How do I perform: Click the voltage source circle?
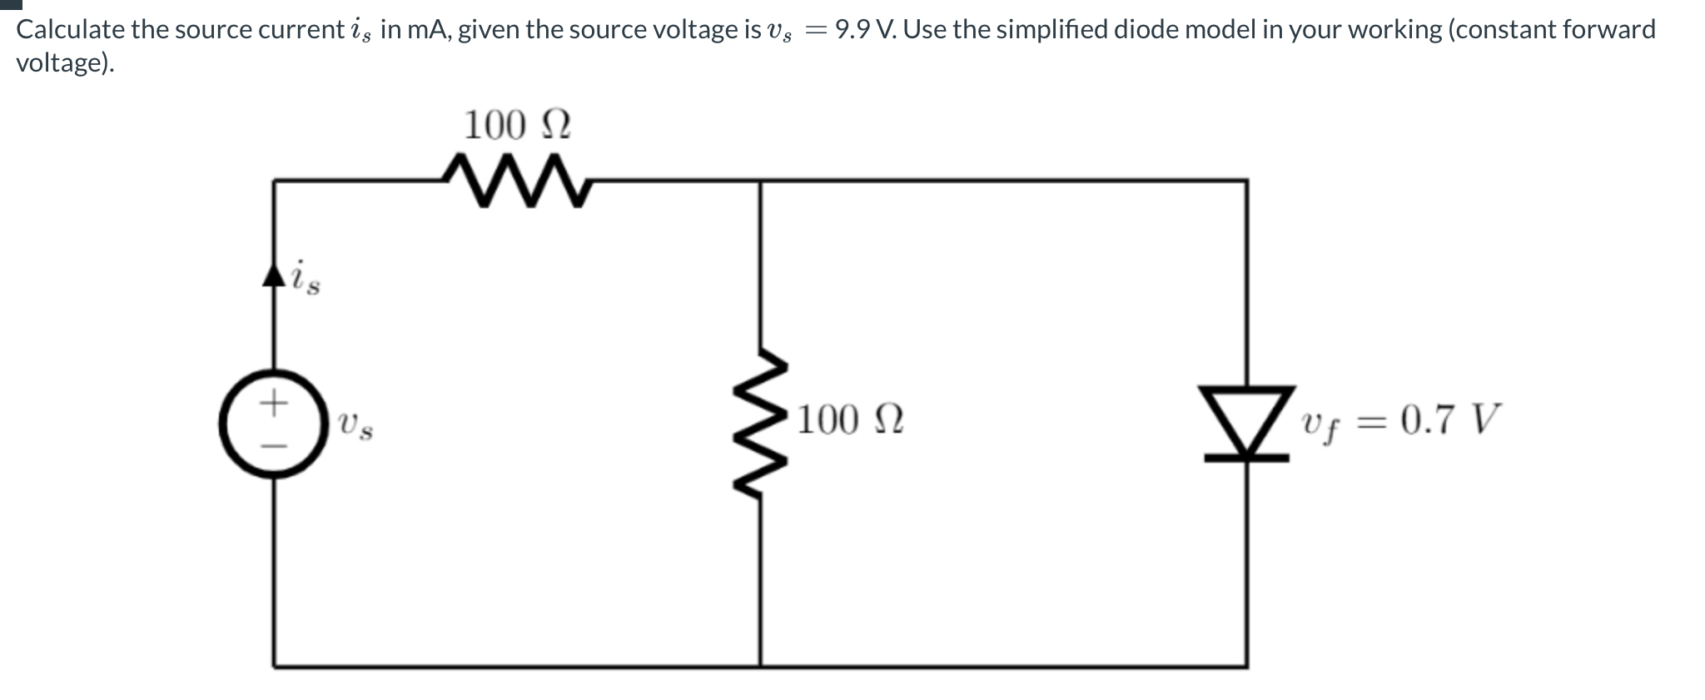[x=274, y=424]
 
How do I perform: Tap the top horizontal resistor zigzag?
[x=516, y=177]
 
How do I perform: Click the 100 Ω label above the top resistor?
[x=516, y=126]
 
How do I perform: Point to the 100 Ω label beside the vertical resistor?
[x=850, y=420]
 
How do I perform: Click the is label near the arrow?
[x=305, y=277]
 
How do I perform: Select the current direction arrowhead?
[x=274, y=276]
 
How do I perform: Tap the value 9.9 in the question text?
[x=852, y=30]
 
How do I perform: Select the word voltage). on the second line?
[x=65, y=63]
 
